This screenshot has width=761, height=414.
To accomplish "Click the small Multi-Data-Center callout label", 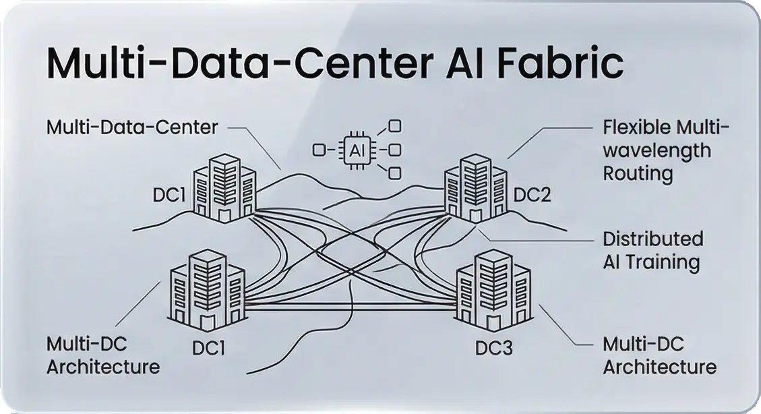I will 132,126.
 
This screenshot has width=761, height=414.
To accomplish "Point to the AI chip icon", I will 355,149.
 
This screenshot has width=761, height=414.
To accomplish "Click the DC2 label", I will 532,196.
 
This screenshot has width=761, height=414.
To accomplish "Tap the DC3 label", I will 493,348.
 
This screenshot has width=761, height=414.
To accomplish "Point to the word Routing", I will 638,173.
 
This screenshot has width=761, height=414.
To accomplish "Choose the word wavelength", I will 657,150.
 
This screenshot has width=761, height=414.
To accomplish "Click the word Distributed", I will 652,239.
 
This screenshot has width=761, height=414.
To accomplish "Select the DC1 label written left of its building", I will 169,196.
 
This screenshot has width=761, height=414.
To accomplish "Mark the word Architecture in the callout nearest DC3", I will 659,367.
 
